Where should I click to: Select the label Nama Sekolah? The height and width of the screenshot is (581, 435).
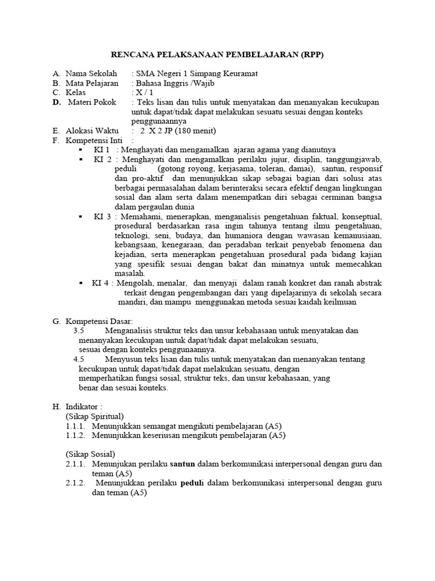[x=91, y=74]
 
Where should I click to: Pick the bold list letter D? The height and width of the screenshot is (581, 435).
[x=57, y=102]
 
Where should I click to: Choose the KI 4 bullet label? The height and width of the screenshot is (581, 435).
[x=102, y=283]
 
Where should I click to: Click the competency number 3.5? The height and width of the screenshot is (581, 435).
[x=79, y=331]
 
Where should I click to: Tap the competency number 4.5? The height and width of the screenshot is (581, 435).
[x=79, y=359]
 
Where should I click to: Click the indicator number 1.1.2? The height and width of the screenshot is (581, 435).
[x=75, y=436]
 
